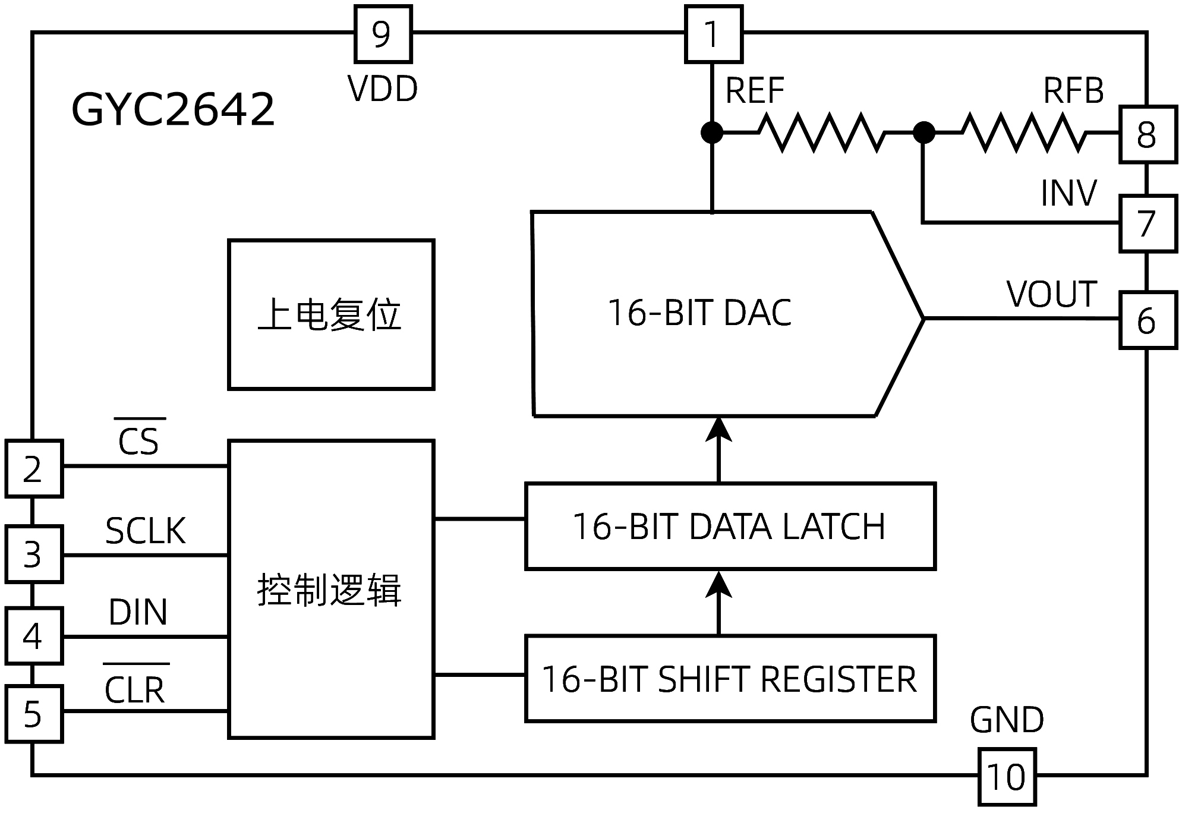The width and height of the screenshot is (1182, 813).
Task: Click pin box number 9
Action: pyautogui.click(x=383, y=34)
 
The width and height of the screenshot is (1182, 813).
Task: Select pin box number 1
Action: pyautogui.click(x=713, y=34)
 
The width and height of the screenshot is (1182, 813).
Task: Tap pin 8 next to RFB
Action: pyautogui.click(x=1148, y=134)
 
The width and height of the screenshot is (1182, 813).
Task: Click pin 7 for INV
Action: pyautogui.click(x=1148, y=223)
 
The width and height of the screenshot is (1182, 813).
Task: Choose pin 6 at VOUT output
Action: pyautogui.click(x=1148, y=320)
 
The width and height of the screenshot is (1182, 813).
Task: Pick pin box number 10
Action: pyautogui.click(x=1007, y=777)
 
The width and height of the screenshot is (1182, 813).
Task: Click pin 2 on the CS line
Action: pyautogui.click(x=34, y=468)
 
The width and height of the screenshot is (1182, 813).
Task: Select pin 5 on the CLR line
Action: pyautogui.click(x=34, y=714)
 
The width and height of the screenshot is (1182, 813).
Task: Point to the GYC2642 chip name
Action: pyautogui.click(x=173, y=109)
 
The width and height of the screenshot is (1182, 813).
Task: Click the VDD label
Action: pyautogui.click(x=383, y=89)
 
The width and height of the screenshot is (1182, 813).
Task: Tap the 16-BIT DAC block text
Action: pyautogui.click(x=699, y=313)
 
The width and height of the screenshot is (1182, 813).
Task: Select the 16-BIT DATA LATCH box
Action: pyautogui.click(x=730, y=527)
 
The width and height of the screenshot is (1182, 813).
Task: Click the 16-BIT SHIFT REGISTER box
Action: pyautogui.click(x=730, y=679)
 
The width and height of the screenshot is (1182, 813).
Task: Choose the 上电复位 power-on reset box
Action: pyautogui.click(x=331, y=314)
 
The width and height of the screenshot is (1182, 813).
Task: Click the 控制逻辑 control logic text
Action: pyautogui.click(x=330, y=590)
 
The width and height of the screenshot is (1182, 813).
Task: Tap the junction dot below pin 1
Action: pyautogui.click(x=712, y=132)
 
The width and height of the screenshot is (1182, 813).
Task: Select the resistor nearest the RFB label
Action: pyautogui.click(x=1023, y=132)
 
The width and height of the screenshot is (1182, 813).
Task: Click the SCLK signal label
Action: pyautogui.click(x=146, y=531)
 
